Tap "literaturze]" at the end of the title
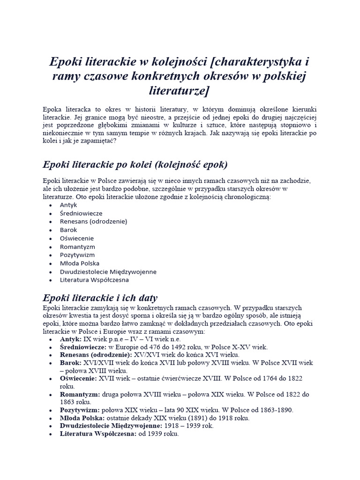click(x=180, y=90)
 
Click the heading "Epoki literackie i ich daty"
click(x=100, y=298)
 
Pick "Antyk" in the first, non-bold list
click(x=68, y=205)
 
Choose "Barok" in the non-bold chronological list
click(x=68, y=230)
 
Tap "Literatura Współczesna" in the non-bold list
click(x=94, y=280)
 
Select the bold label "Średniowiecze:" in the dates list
click(x=83, y=347)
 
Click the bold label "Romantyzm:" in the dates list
click(x=77, y=394)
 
